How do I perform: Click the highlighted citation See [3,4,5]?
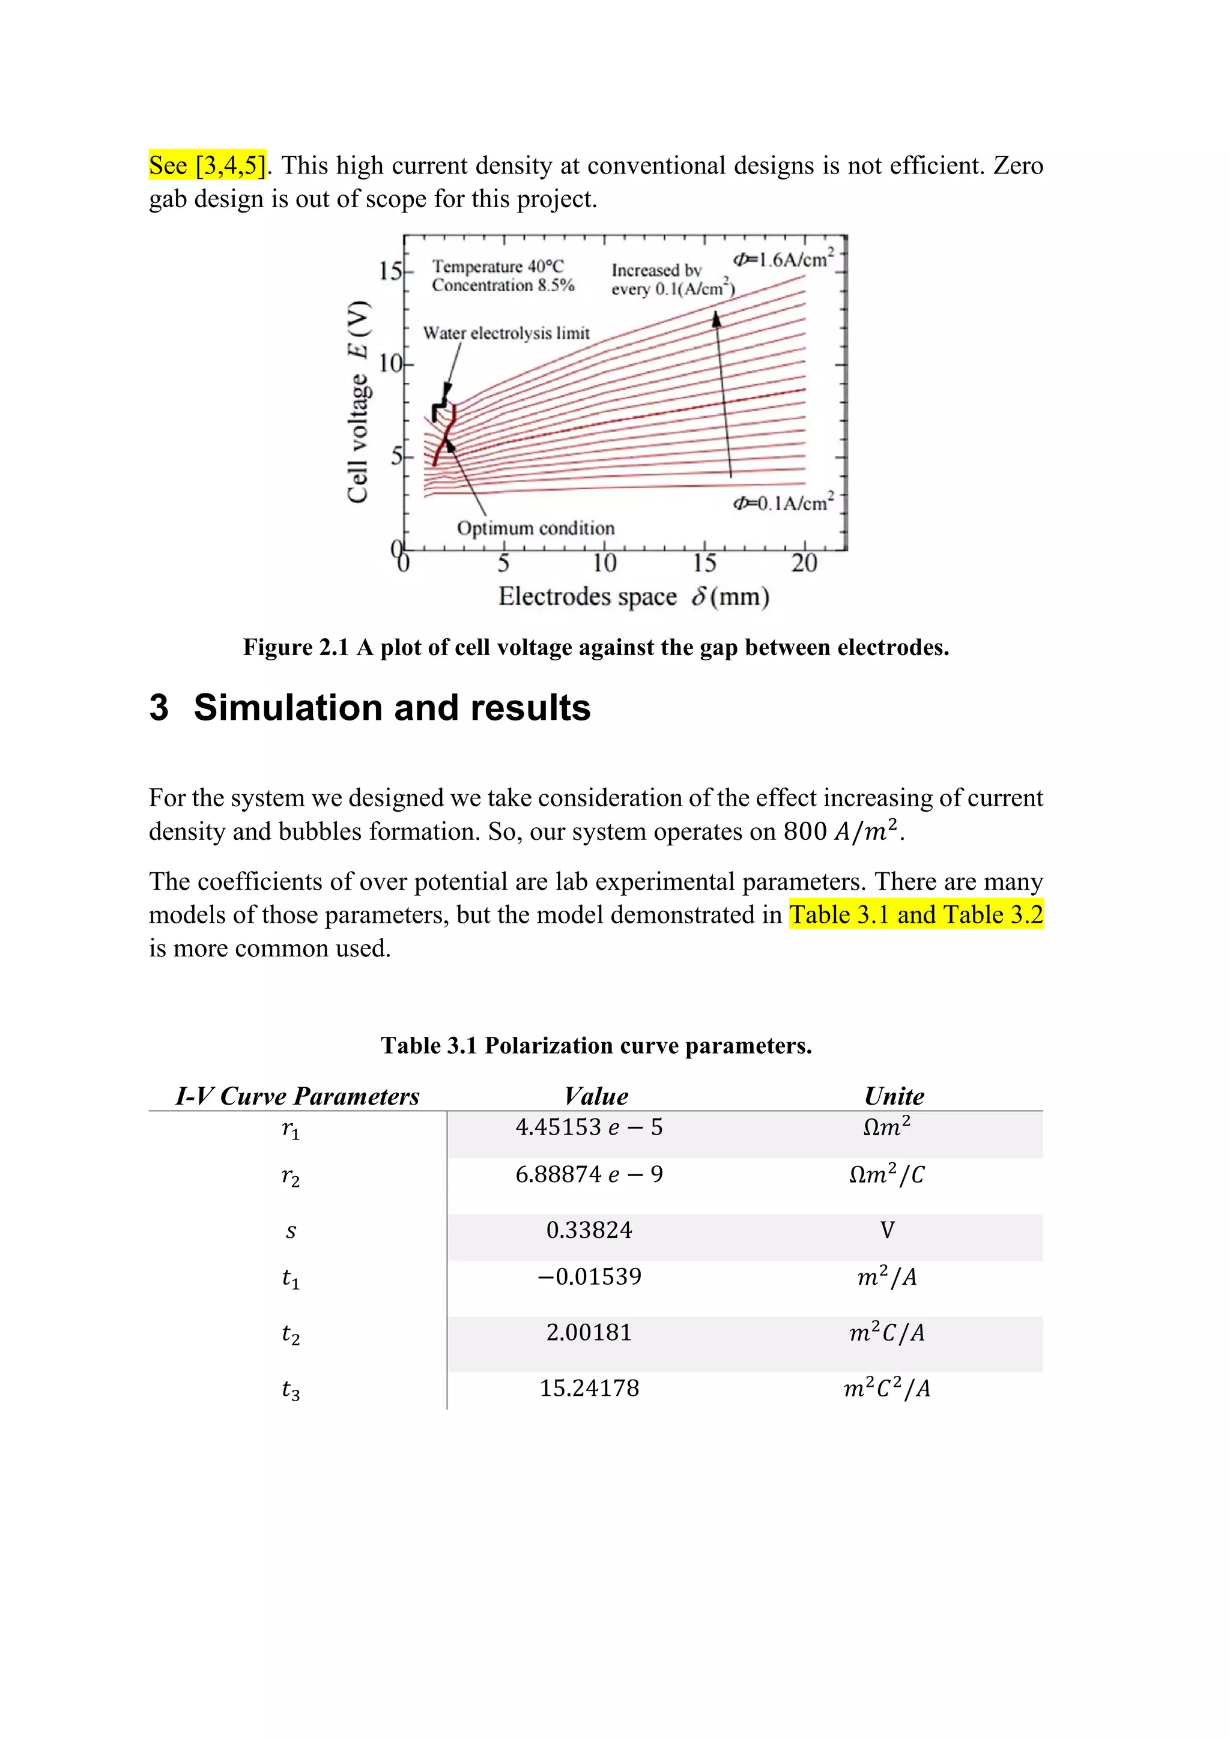(207, 166)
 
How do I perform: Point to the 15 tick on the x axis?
(704, 563)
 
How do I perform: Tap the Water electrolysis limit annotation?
(506, 333)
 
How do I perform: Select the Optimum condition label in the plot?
(536, 528)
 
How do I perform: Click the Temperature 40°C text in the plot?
(498, 267)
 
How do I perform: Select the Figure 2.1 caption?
(595, 648)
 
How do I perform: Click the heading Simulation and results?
(392, 708)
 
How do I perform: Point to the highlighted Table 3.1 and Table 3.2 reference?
(916, 914)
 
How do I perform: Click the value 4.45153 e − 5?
(589, 1127)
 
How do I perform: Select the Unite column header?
(894, 1096)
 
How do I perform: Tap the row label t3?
(291, 1390)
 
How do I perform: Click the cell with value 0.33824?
(589, 1230)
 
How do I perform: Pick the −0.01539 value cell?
(589, 1277)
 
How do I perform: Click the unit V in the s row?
(887, 1230)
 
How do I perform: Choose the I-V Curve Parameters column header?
(297, 1096)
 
